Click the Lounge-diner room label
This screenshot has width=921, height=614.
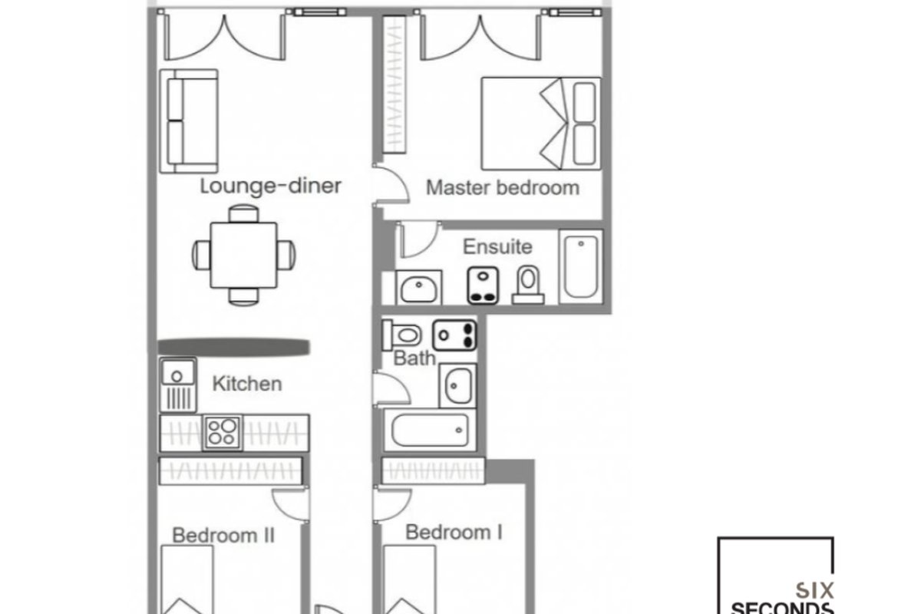click(x=270, y=186)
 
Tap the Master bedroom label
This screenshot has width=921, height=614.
click(x=503, y=188)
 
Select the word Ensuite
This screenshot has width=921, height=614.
click(x=497, y=247)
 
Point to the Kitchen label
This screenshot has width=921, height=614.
click(x=247, y=384)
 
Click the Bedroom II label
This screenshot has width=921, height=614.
click(x=223, y=535)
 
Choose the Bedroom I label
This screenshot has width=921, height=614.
click(x=454, y=532)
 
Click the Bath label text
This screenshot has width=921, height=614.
click(x=414, y=358)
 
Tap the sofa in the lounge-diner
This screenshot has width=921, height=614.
click(x=189, y=121)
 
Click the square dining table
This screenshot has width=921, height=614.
click(x=243, y=255)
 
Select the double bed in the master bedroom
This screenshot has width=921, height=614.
click(x=541, y=124)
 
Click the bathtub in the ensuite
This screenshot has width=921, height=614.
click(x=581, y=267)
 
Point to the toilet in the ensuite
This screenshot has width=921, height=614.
click(x=528, y=285)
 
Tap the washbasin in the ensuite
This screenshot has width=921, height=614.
click(x=418, y=288)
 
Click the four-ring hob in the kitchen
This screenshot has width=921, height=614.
click(x=223, y=433)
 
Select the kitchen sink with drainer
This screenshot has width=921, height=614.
click(x=178, y=385)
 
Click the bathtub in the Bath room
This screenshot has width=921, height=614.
click(x=430, y=430)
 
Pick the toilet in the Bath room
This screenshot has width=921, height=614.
click(x=401, y=335)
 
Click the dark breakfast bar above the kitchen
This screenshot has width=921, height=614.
click(x=233, y=347)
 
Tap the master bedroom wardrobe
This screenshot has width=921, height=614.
click(x=394, y=84)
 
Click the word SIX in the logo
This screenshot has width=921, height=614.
click(x=814, y=591)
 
